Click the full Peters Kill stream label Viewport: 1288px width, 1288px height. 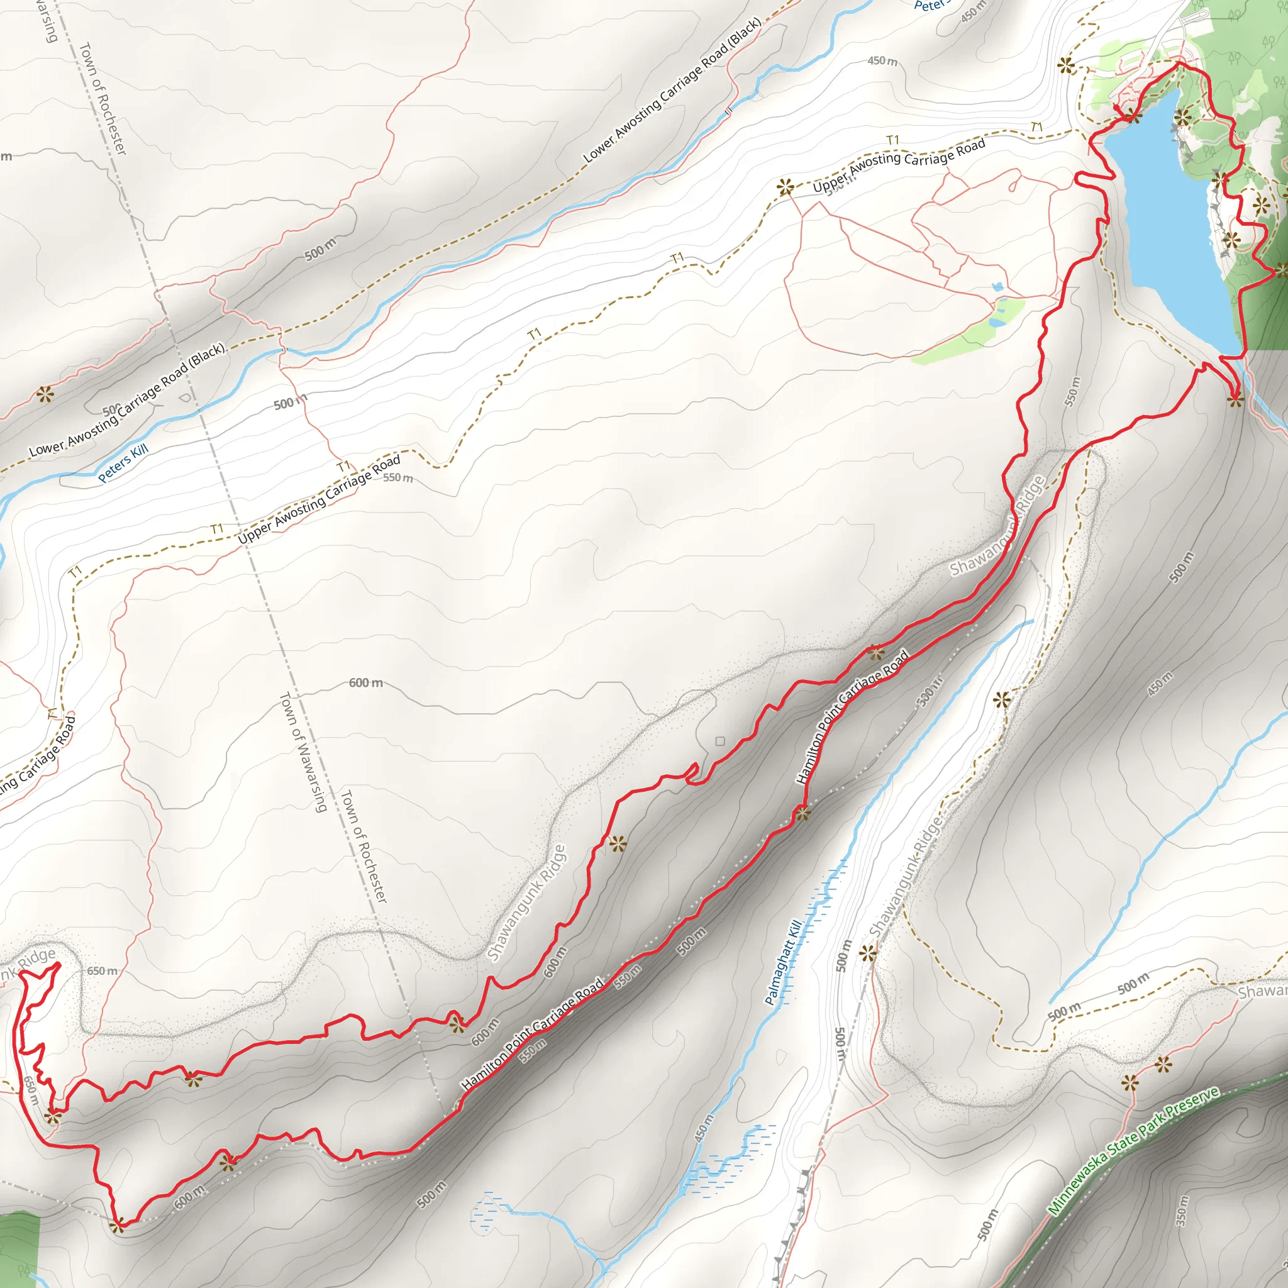(123, 463)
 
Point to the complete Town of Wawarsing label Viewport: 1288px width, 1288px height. (303, 752)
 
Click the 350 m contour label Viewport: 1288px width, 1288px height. (1182, 1211)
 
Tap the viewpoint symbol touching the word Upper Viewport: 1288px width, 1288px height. (786, 187)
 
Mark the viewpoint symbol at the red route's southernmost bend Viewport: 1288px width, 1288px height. (118, 1224)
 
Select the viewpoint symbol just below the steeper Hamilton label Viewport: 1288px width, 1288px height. (802, 813)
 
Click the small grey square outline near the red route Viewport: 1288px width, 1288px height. (720, 741)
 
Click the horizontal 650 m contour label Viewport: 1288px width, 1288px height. (102, 970)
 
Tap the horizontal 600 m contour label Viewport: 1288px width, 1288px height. (366, 682)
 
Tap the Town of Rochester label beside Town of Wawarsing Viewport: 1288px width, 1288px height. (364, 847)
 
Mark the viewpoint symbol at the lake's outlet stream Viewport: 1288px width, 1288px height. (1235, 399)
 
